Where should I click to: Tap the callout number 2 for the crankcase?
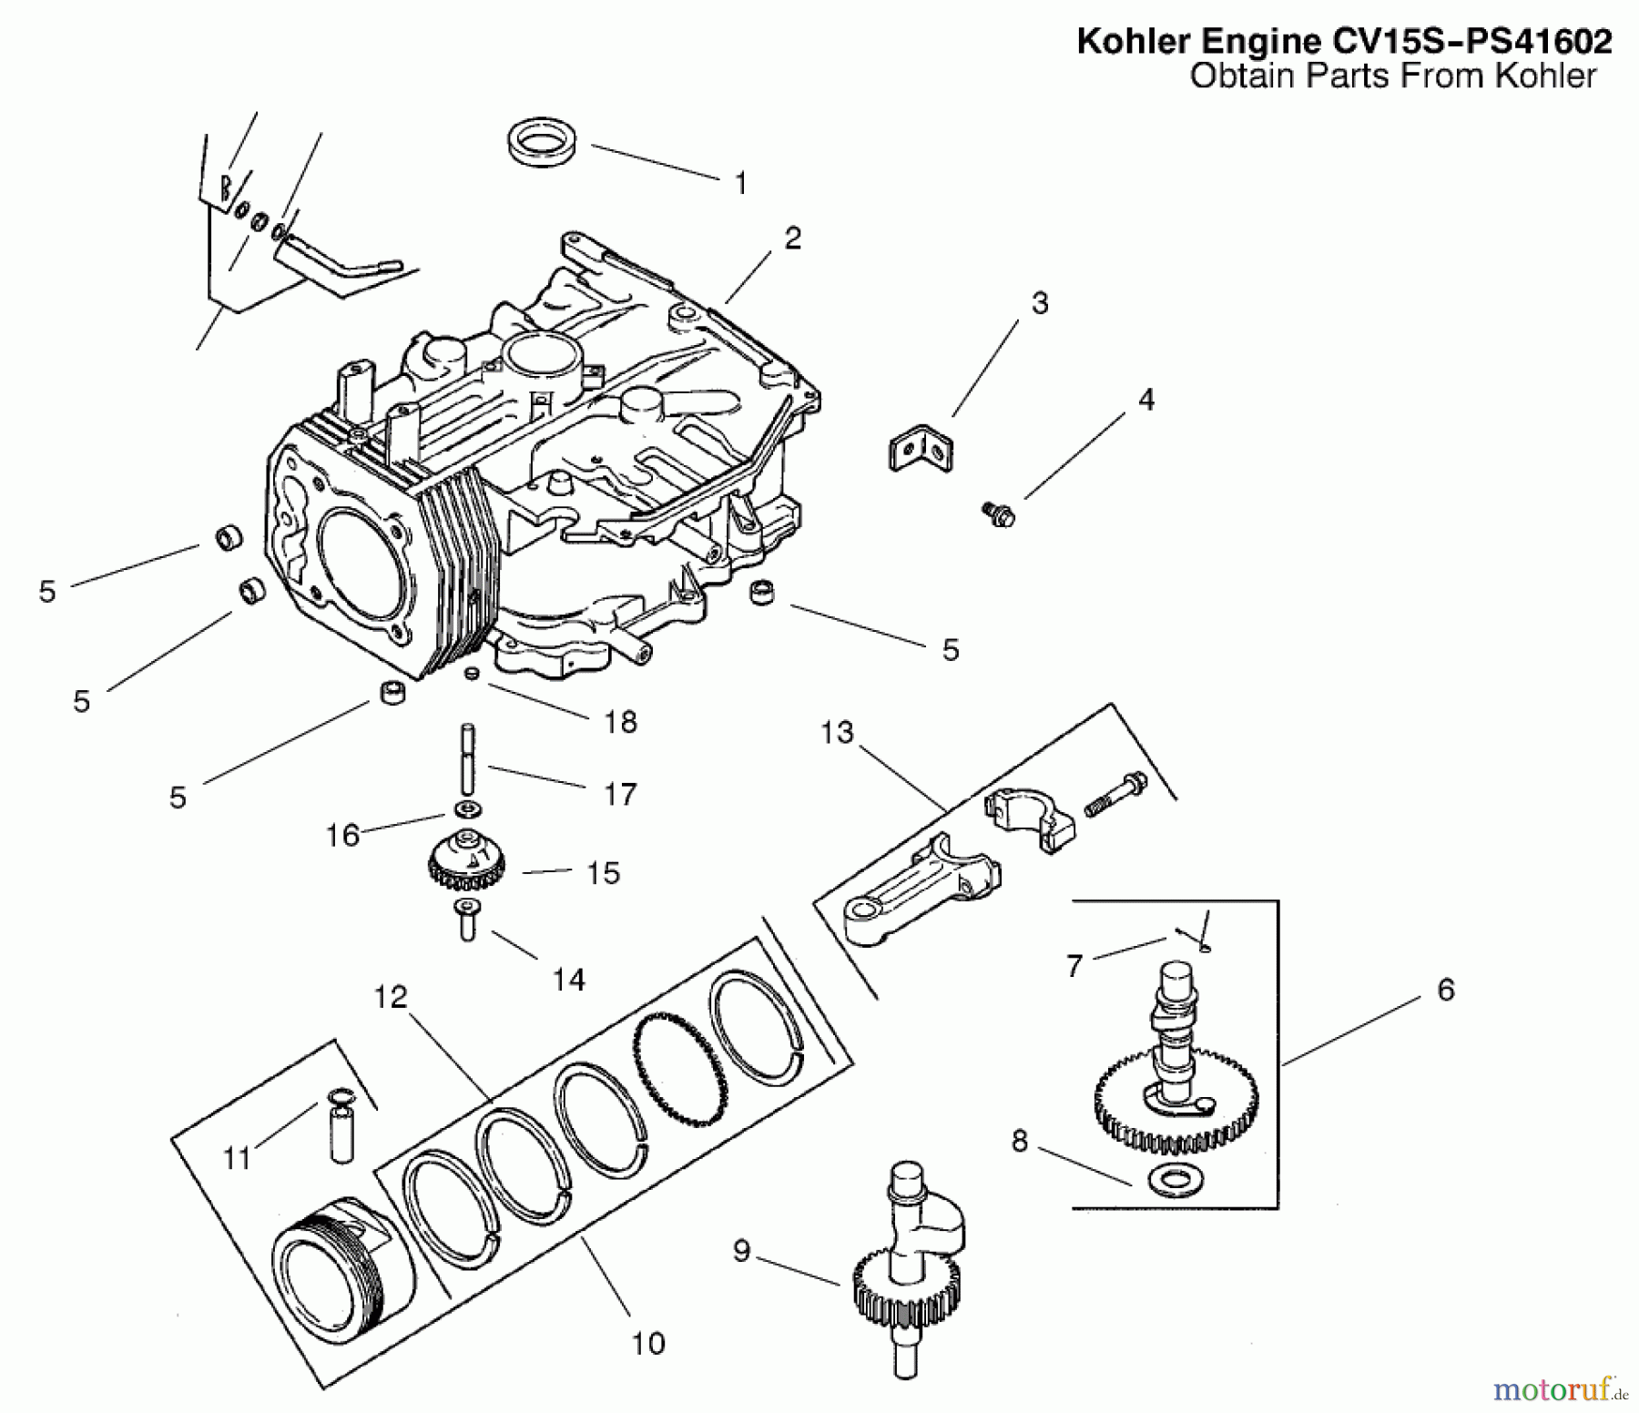(x=792, y=239)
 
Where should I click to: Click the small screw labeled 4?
(x=1000, y=513)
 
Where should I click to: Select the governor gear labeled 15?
(x=466, y=861)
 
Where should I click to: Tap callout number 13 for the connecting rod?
(x=837, y=732)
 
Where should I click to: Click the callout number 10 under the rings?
(x=647, y=1344)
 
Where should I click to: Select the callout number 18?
(x=620, y=722)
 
